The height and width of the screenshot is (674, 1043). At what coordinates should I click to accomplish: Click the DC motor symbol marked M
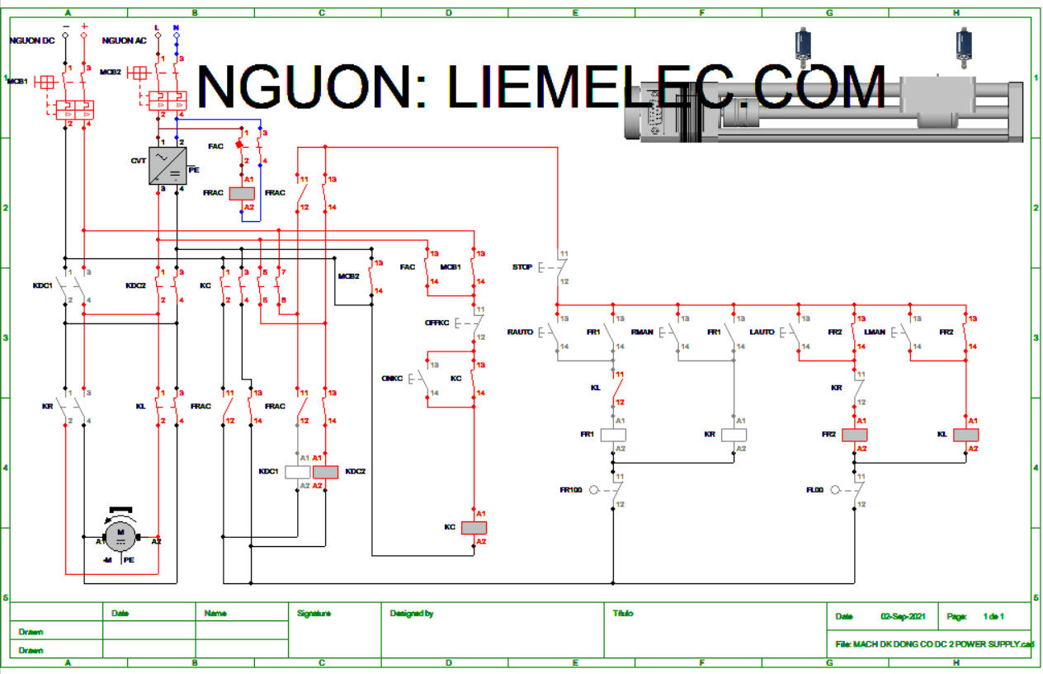pos(120,538)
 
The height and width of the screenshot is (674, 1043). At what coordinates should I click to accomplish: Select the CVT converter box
pos(166,166)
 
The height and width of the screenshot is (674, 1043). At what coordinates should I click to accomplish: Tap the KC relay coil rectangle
pos(474,528)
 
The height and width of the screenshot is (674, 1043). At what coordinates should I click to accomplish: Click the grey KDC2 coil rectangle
pos(326,472)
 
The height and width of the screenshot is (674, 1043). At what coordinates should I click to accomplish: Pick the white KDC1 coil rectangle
pos(297,472)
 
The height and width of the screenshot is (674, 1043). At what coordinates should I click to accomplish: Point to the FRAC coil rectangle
pos(242,193)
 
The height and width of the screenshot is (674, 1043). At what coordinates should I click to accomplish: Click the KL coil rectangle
pos(965,435)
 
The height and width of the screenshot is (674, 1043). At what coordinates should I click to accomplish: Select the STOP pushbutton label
pos(522,267)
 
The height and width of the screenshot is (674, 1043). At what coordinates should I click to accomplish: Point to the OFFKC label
pos(437,323)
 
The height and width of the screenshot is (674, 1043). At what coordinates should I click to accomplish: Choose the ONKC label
pos(392,378)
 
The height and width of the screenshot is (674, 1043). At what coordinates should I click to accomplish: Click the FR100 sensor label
pos(571,490)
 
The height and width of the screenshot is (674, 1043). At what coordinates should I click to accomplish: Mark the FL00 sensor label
pos(815,490)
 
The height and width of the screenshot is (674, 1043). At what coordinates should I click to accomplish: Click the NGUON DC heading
pos(32,40)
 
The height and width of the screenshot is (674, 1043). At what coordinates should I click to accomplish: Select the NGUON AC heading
pos(125,40)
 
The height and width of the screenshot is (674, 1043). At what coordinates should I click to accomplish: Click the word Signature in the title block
pos(314,614)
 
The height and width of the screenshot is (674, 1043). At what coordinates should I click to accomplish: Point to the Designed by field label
pos(411,614)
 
